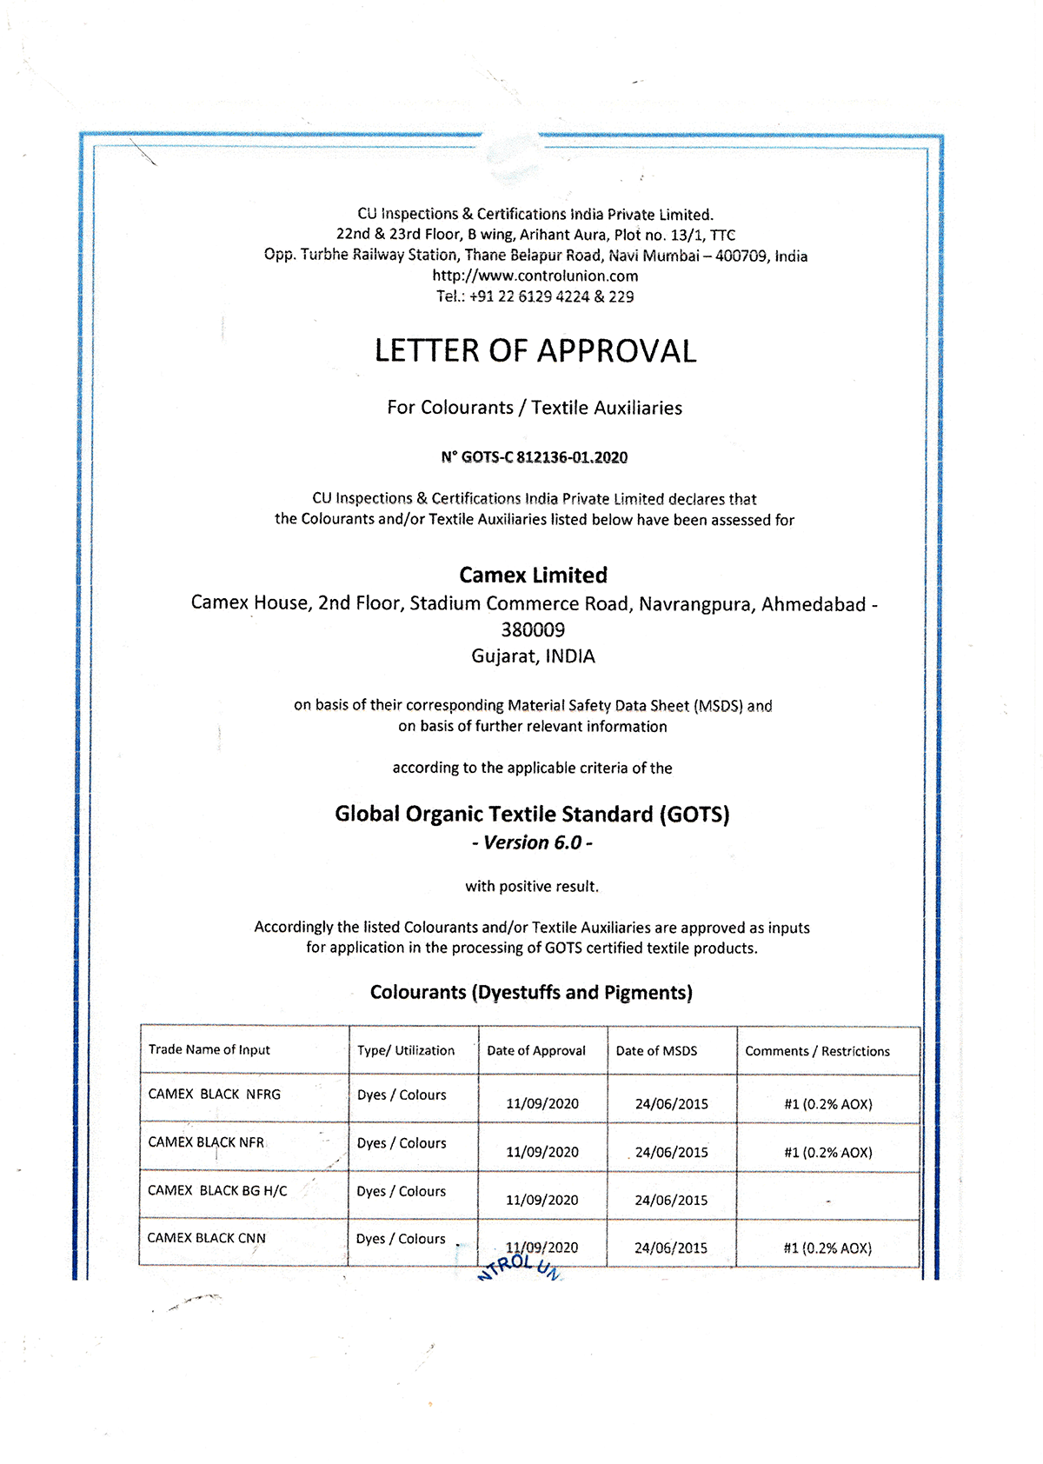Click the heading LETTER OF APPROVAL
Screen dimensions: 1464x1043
pyautogui.click(x=535, y=351)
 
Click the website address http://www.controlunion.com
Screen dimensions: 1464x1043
pyautogui.click(x=535, y=276)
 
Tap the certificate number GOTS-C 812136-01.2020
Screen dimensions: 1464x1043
pyautogui.click(x=535, y=457)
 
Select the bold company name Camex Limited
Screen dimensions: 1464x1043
pyautogui.click(x=534, y=576)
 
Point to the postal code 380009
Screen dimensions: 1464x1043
pyautogui.click(x=533, y=629)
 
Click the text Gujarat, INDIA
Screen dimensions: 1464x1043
pyautogui.click(x=534, y=656)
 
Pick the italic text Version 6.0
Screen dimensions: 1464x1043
pyautogui.click(x=533, y=842)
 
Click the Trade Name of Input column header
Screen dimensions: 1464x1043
pyautogui.click(x=209, y=1050)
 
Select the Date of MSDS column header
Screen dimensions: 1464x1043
pyautogui.click(x=657, y=1051)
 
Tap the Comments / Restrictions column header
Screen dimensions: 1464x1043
pyautogui.click(x=817, y=1051)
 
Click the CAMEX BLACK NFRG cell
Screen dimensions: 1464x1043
pyautogui.click(x=215, y=1095)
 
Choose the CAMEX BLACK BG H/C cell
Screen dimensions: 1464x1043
pyautogui.click(x=217, y=1191)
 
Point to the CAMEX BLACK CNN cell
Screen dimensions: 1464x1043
pyautogui.click(x=207, y=1238)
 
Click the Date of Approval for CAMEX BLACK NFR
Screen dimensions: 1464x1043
pyautogui.click(x=542, y=1152)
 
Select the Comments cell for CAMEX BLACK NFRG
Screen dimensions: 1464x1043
pyautogui.click(x=828, y=1104)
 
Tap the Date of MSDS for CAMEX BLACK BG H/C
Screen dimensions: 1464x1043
pyautogui.click(x=671, y=1201)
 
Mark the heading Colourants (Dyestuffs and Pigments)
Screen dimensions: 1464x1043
pyautogui.click(x=531, y=993)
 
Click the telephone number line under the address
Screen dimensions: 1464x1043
pyautogui.click(x=535, y=296)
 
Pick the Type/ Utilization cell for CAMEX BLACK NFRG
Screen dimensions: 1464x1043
pyautogui.click(x=402, y=1095)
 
